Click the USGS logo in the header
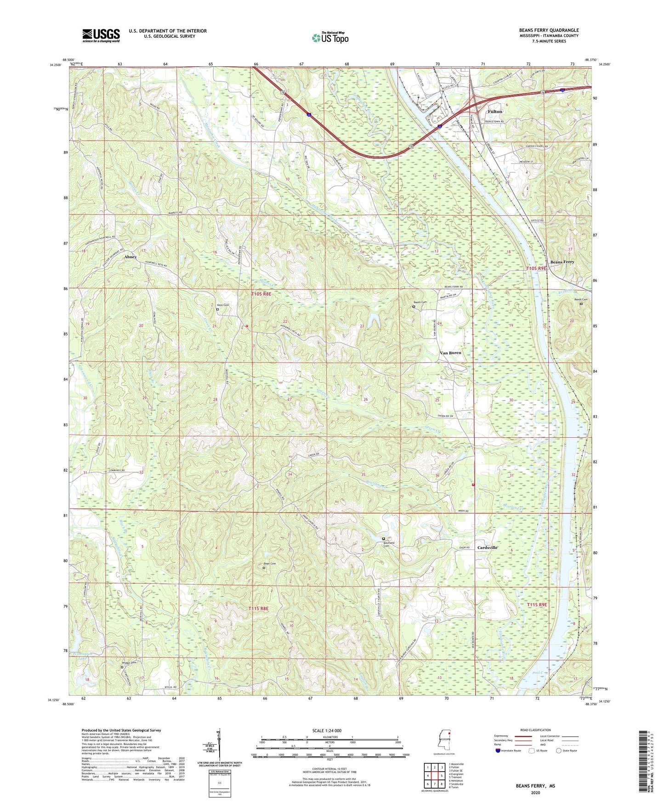tap(101, 35)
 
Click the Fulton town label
tap(494, 112)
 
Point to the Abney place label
tap(131, 257)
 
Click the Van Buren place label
tap(450, 353)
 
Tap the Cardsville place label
tap(487, 548)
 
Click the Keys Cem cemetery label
tap(223, 305)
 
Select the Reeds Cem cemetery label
tap(581, 299)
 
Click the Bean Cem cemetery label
tap(270, 564)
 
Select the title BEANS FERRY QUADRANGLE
tap(549, 30)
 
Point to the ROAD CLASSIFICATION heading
tap(535, 730)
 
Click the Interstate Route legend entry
tap(508, 751)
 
